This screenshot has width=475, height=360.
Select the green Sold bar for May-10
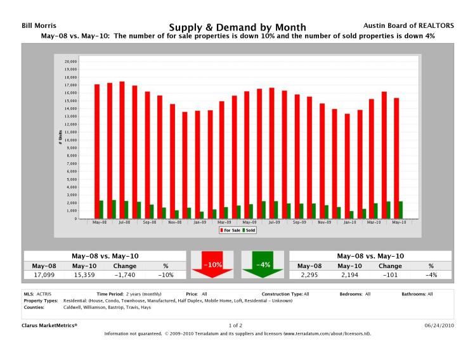(x=400, y=210)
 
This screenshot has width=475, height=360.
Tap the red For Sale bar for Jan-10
(x=347, y=166)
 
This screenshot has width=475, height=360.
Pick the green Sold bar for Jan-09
(x=201, y=215)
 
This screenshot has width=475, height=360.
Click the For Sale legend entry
(x=229, y=231)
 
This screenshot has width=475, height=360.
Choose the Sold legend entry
(x=249, y=231)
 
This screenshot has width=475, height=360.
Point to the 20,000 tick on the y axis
(x=71, y=61)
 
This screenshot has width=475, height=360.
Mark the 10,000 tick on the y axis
(x=71, y=140)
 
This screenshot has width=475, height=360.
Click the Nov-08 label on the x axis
(x=174, y=222)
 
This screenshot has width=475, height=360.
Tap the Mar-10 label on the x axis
(x=374, y=222)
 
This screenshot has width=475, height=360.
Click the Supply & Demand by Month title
(x=237, y=27)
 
